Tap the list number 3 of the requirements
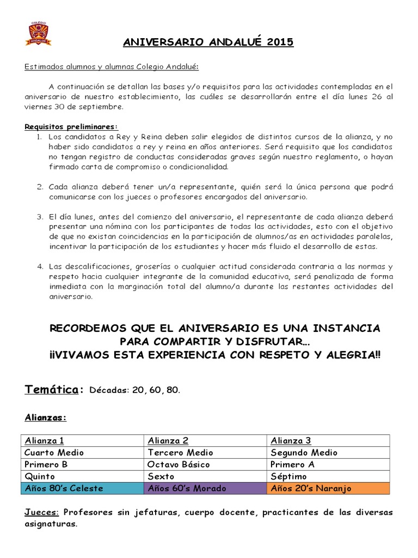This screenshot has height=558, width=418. tap(40, 217)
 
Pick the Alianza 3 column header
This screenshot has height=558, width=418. tap(291, 441)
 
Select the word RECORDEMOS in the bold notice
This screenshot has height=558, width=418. tap(84, 329)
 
